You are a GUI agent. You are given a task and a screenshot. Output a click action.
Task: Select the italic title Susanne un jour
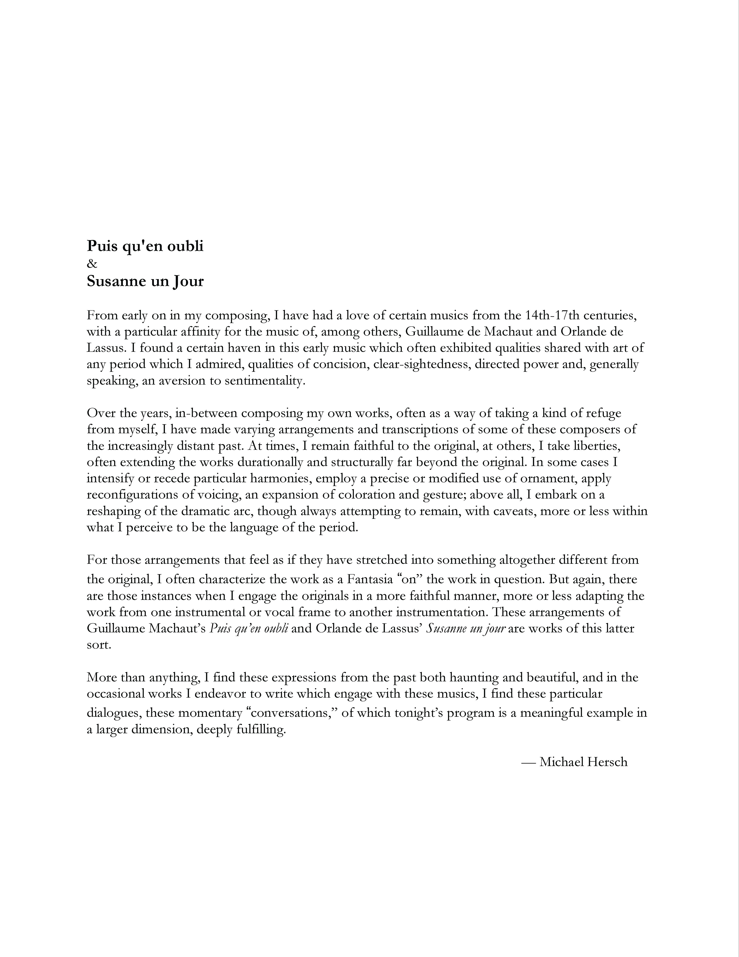click(x=466, y=628)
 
